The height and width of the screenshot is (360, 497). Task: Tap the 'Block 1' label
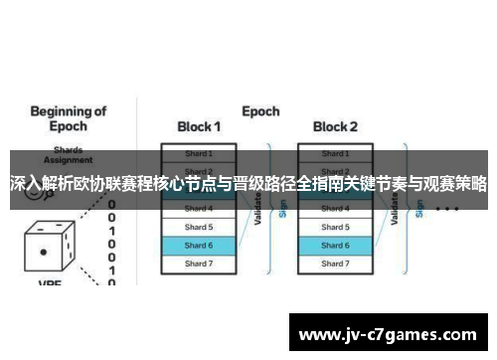pyautogui.click(x=199, y=127)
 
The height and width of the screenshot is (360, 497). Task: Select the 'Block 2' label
pyautogui.click(x=334, y=127)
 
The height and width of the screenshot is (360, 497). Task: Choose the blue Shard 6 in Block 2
pyautogui.click(x=334, y=245)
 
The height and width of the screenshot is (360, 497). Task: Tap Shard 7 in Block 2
pyautogui.click(x=334, y=263)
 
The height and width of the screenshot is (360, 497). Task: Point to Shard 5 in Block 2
pyautogui.click(x=334, y=227)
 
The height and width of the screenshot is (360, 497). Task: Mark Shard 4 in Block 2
pyautogui.click(x=334, y=209)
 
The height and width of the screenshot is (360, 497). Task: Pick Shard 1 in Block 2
pyautogui.click(x=334, y=154)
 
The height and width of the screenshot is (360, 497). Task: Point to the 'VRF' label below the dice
pyautogui.click(x=50, y=283)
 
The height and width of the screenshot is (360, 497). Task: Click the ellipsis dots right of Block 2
pyautogui.click(x=446, y=210)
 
